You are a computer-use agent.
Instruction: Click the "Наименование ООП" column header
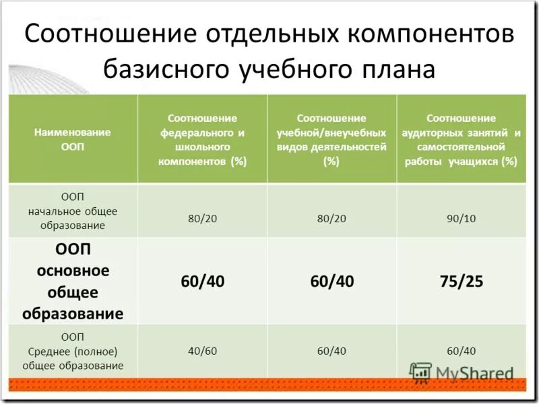[73, 139]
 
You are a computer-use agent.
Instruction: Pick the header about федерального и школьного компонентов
[202, 139]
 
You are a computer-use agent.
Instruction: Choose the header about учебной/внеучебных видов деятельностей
[331, 139]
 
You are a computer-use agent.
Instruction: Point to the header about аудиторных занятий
[462, 139]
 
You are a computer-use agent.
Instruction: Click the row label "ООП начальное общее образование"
[73, 211]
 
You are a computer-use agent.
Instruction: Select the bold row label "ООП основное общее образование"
[73, 281]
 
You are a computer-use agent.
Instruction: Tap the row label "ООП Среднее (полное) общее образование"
[73, 350]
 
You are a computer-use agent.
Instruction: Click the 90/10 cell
[462, 218]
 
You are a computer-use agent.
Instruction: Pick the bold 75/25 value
[462, 281]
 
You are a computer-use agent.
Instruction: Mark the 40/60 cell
[202, 350]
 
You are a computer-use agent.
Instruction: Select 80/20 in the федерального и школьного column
[202, 218]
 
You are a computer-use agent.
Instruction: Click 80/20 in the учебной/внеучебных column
[331, 218]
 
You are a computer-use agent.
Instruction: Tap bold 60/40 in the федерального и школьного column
[202, 281]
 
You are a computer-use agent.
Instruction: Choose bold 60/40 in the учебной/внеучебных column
[331, 281]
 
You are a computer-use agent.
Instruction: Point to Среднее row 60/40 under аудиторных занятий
[462, 350]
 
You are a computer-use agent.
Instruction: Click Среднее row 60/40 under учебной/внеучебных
[331, 350]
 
